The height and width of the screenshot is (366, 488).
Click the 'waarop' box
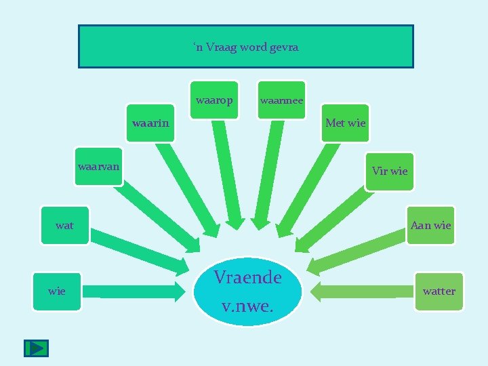[x=214, y=100]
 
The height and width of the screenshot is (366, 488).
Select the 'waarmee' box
[x=281, y=100]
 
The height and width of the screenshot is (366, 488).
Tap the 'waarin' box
[x=150, y=123]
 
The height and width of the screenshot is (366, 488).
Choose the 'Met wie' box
[x=345, y=123]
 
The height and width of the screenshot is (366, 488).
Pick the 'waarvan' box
[x=99, y=166]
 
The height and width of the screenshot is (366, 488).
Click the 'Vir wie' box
[x=389, y=171]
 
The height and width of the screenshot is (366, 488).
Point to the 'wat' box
[x=64, y=225]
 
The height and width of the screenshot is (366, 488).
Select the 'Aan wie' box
[x=430, y=225]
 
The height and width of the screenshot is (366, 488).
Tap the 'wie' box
[x=57, y=291]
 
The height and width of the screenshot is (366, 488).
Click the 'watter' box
[x=439, y=291]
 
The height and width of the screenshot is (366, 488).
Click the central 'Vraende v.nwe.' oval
[x=247, y=291]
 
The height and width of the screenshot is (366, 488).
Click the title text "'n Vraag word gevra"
[x=245, y=47]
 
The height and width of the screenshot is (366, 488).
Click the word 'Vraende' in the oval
[x=247, y=277]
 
